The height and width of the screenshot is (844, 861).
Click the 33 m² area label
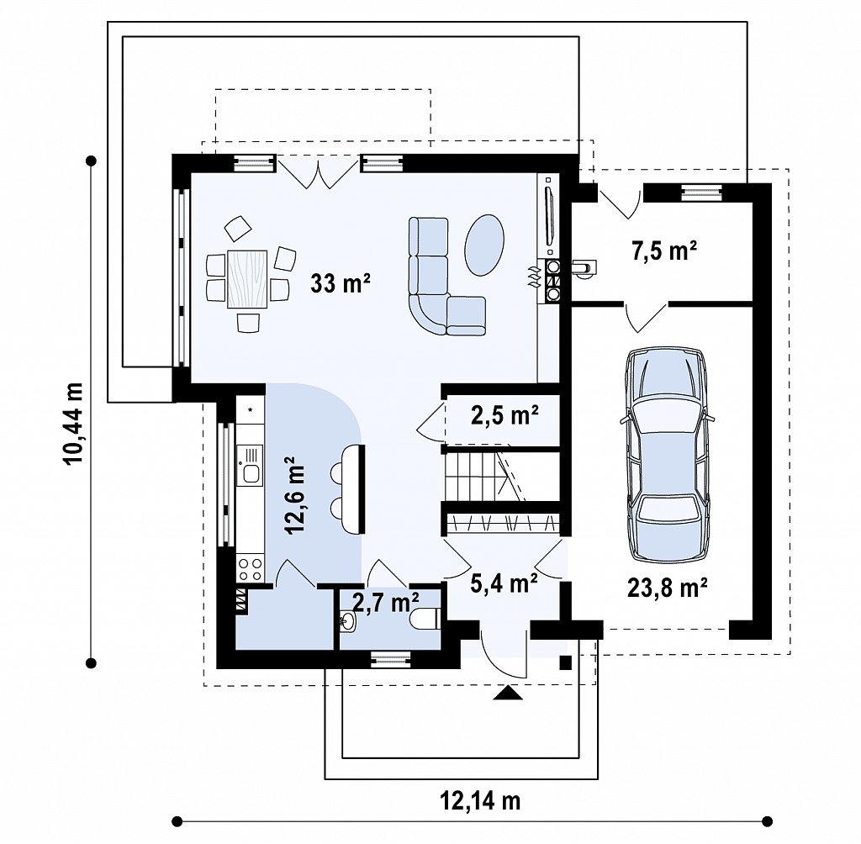tap(341, 283)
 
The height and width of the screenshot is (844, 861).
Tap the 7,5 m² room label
tap(664, 251)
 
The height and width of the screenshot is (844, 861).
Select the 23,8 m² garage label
tap(667, 588)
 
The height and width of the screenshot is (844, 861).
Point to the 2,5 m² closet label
tap(504, 415)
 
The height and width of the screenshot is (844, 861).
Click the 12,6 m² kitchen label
tap(295, 495)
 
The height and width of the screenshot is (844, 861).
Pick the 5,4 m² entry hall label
tap(504, 583)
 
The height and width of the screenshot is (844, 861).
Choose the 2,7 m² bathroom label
tap(386, 603)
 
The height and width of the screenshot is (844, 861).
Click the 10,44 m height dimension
tap(74, 424)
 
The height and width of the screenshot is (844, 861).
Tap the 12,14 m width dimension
tap(480, 801)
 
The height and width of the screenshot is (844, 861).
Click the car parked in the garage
tap(667, 454)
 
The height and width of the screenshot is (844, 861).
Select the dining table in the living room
tap(247, 278)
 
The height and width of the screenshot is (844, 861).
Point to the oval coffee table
tap(484, 245)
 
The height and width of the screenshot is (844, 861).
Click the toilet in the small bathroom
tap(425, 619)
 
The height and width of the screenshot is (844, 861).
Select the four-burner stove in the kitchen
tap(250, 569)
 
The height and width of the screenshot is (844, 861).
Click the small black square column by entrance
tap(566, 662)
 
